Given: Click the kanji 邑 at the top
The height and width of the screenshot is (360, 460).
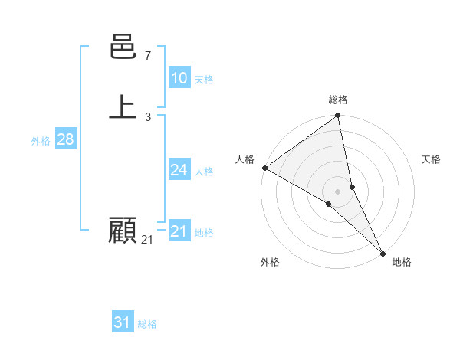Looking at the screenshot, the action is tap(123, 47).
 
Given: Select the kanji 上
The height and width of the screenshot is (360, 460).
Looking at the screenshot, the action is tap(123, 107).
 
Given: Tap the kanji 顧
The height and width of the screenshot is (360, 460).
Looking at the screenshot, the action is tap(123, 230).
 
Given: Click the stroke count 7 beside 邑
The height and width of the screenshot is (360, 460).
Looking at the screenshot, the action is tap(147, 56).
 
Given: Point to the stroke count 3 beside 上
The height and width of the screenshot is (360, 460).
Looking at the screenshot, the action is tap(147, 116).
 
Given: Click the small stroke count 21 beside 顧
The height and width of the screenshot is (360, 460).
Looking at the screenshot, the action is tap(147, 240).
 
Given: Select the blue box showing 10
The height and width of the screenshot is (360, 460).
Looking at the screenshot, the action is tap(179, 78).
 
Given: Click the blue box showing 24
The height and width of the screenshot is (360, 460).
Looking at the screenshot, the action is tap(179, 170).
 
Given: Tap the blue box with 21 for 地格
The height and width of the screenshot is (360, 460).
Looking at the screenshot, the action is tap(179, 231).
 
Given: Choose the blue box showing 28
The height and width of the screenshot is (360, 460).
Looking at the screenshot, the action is tap(65, 139).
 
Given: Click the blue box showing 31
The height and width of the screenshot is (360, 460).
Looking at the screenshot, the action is tap(123, 322).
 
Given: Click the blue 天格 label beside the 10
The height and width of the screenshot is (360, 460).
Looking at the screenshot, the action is tap(204, 80).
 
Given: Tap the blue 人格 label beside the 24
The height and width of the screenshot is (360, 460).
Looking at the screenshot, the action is tap(204, 172).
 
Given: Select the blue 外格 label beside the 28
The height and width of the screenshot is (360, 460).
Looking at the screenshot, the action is tap(41, 141).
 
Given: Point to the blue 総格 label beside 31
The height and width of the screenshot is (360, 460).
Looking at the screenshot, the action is tap(147, 324).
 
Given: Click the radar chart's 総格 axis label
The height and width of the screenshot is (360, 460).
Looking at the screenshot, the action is tap(338, 100).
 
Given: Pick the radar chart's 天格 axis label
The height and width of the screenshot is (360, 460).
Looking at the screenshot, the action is tap(431, 159).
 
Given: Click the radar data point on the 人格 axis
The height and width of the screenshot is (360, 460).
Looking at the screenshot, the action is tap(264, 168).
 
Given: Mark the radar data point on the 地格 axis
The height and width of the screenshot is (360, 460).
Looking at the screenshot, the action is tap(383, 252).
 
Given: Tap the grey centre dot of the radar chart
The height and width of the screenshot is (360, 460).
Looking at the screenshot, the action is tap(338, 191).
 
